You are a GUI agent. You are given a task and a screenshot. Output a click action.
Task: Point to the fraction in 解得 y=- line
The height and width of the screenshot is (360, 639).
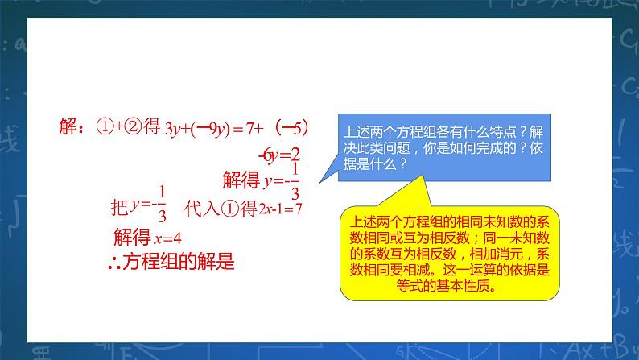295,180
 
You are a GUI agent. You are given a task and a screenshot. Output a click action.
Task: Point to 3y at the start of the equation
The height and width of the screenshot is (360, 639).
172,128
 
